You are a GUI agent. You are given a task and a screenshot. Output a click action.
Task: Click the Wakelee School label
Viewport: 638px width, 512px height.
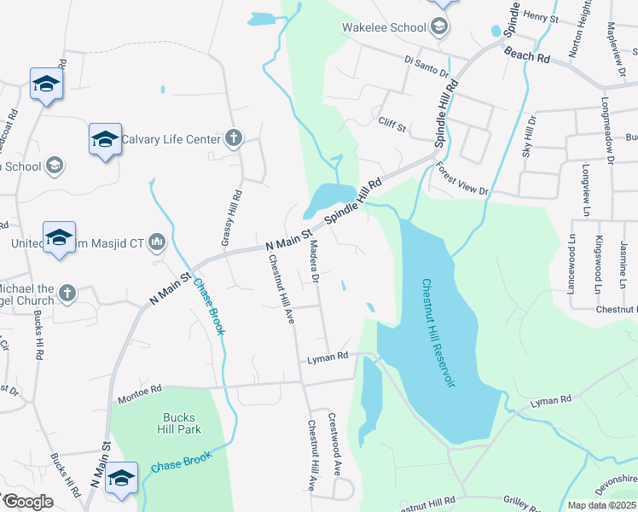point(384,27)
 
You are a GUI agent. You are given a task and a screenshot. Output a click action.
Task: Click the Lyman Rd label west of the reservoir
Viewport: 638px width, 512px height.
point(328,357)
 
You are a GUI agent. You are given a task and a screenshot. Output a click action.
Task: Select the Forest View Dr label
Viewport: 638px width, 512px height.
point(461,179)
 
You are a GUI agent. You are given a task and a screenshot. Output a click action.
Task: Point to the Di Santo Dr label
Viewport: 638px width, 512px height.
point(426,67)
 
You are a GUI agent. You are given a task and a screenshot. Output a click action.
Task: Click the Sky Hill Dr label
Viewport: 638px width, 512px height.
point(527,135)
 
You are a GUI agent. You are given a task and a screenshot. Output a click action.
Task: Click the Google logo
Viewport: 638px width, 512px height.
point(28,502)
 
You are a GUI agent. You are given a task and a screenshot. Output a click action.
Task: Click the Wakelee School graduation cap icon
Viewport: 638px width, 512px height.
point(439,27)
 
